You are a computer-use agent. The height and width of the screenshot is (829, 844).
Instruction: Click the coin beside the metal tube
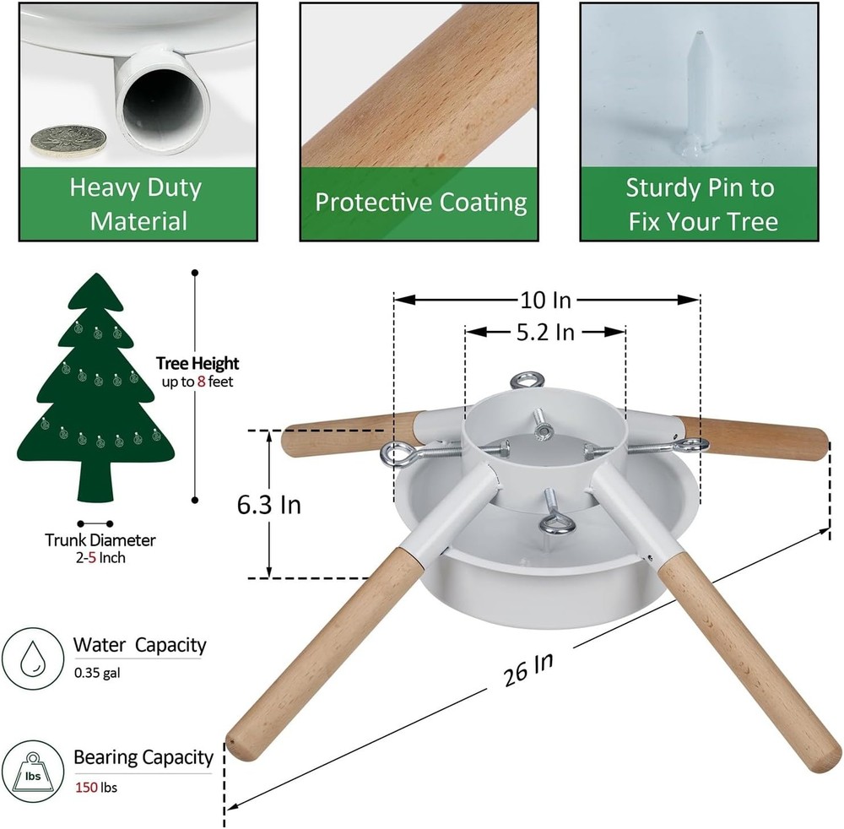click(68, 141)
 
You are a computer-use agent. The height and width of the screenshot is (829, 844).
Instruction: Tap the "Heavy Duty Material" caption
click(138, 204)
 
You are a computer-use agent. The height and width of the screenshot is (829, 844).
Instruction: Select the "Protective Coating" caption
click(421, 203)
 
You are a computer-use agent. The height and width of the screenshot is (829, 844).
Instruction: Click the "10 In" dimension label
click(545, 300)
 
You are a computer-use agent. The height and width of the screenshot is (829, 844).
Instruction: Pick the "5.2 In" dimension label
click(545, 332)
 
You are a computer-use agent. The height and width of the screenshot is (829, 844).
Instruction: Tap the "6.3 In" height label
click(269, 505)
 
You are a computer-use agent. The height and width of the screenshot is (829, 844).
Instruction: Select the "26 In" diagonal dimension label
click(528, 669)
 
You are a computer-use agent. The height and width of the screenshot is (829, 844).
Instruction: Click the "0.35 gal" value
click(97, 673)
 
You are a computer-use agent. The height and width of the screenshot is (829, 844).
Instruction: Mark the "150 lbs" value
click(96, 787)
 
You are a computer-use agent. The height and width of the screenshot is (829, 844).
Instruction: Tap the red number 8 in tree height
click(202, 382)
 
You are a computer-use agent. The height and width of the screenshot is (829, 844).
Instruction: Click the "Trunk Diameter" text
click(100, 540)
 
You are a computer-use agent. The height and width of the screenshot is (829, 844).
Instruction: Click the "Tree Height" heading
click(197, 363)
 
